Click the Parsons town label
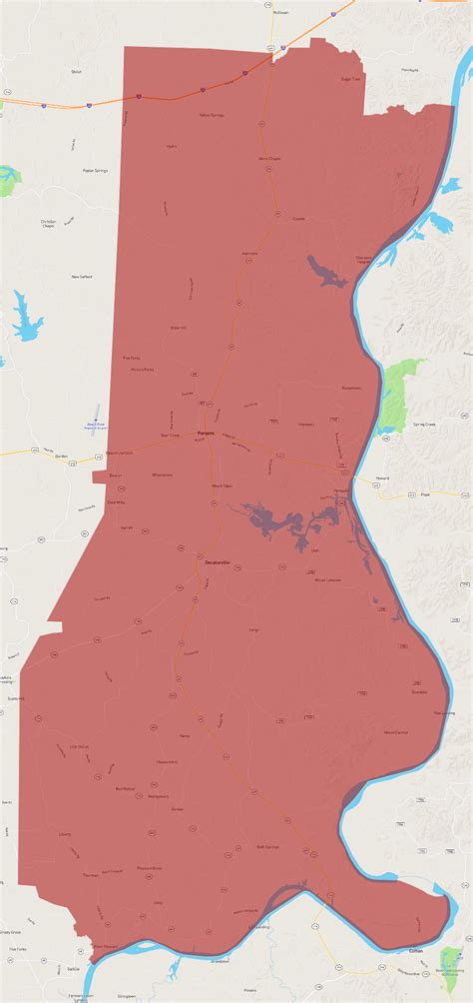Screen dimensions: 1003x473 (206, 433)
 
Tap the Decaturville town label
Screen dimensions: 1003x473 (217, 564)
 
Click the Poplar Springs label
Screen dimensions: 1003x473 (95, 171)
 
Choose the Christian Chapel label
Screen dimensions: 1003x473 (49, 224)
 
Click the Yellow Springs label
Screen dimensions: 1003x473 (210, 115)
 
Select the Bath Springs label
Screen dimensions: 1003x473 (267, 846)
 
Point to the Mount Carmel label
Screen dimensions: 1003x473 (395, 732)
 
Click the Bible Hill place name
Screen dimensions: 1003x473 (179, 327)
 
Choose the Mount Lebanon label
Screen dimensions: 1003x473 (328, 579)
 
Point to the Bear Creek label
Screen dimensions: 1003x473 (170, 436)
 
